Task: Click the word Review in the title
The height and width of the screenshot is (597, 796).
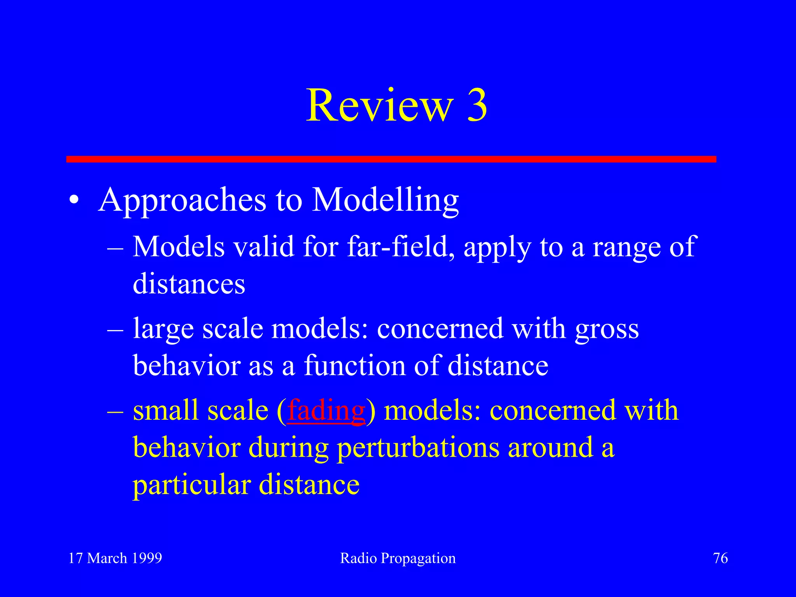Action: click(x=380, y=106)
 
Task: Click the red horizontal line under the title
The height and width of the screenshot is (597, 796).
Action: click(x=391, y=159)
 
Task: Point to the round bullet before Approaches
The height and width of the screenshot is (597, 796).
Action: click(x=74, y=201)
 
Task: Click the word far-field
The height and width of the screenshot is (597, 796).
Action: click(x=400, y=247)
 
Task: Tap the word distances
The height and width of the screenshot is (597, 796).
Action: click(x=189, y=284)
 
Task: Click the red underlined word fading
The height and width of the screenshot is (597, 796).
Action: click(x=326, y=411)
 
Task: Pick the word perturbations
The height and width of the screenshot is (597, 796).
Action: click(x=418, y=448)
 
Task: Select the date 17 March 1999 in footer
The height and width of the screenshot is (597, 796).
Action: click(x=115, y=558)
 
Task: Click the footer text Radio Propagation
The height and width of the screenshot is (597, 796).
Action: click(x=398, y=558)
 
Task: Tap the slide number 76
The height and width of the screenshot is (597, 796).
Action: click(x=720, y=558)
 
